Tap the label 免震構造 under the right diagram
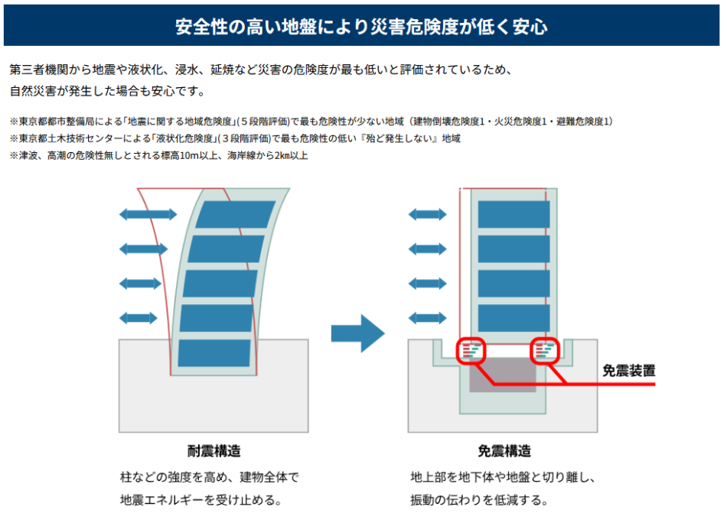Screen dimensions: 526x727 click(504, 450)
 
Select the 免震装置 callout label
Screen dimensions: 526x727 click(628, 371)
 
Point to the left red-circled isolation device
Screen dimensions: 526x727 click(471, 351)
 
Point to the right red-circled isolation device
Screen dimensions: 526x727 click(546, 351)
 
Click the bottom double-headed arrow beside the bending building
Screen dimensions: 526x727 click(139, 317)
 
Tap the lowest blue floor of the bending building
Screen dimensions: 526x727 click(214, 352)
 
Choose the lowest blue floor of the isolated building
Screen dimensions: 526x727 click(514, 317)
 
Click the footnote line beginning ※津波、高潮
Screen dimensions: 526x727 click(158, 155)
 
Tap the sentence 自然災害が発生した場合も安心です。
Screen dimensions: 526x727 click(108, 91)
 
